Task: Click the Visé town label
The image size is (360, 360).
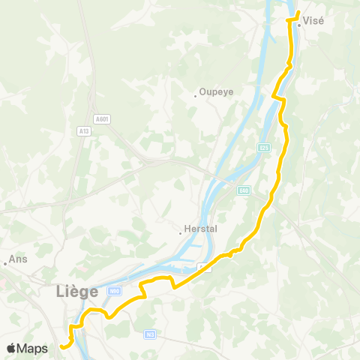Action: (315, 21)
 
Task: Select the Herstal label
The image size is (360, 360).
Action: (199, 231)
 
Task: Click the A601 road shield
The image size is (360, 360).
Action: (102, 118)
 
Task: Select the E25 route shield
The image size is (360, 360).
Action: (263, 147)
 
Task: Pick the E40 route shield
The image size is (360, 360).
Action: (244, 191)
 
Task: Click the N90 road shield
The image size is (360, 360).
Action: (114, 291)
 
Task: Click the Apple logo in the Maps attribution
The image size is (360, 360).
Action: (12, 348)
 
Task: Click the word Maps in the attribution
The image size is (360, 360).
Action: (34, 348)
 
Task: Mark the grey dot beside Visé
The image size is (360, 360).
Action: (298, 25)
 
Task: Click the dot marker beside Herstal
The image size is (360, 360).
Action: (180, 232)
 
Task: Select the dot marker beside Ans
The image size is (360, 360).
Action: (4, 262)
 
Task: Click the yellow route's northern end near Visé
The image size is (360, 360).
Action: (298, 11)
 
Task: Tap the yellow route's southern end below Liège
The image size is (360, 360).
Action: (61, 346)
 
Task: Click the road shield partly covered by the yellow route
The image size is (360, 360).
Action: (205, 268)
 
